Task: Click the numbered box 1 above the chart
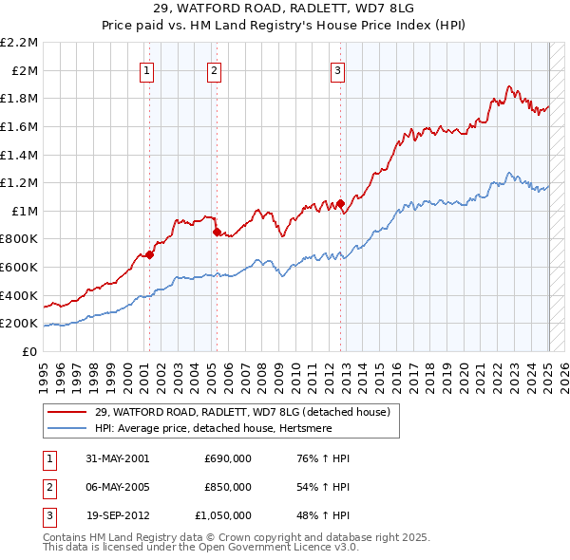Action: point(148,69)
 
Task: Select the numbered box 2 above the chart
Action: point(215,69)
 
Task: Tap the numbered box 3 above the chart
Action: point(338,69)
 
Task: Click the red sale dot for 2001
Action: point(149,254)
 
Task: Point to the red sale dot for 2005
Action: point(216,232)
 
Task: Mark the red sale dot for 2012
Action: point(339,203)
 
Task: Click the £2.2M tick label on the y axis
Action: point(19,43)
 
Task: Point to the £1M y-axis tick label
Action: point(26,211)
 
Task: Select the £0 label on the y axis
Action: point(30,351)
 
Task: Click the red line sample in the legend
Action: point(66,412)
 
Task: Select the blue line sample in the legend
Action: point(66,428)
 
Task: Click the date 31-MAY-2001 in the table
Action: point(117,458)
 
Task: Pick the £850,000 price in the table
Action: point(228,487)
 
